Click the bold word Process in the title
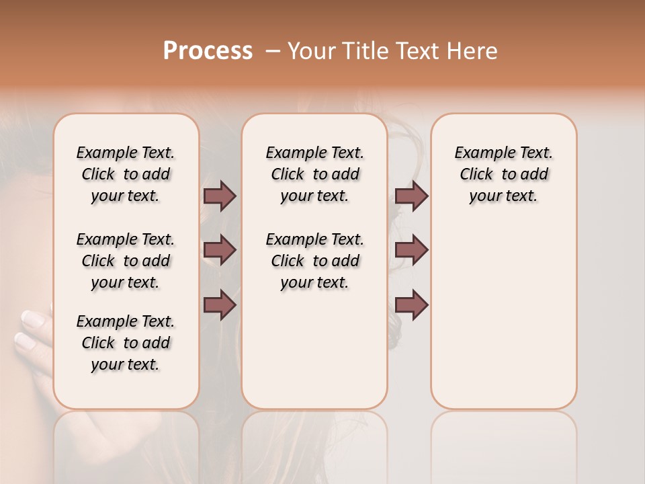pyautogui.click(x=208, y=51)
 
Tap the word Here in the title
pyautogui.click(x=473, y=51)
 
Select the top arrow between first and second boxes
pyautogui.click(x=220, y=196)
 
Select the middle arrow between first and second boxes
pyautogui.click(x=220, y=251)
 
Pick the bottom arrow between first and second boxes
pyautogui.click(x=220, y=305)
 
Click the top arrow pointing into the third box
pyautogui.click(x=411, y=196)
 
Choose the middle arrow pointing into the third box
pyautogui.click(x=411, y=251)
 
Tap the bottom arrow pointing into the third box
pyautogui.click(x=411, y=305)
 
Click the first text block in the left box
pyautogui.click(x=126, y=174)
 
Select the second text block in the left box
pyautogui.click(x=126, y=261)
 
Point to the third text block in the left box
pyautogui.click(x=126, y=343)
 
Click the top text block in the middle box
pyautogui.click(x=314, y=174)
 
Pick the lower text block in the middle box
pyautogui.click(x=314, y=261)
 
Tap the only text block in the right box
pyautogui.click(x=503, y=174)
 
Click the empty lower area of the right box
pyautogui.click(x=503, y=323)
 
